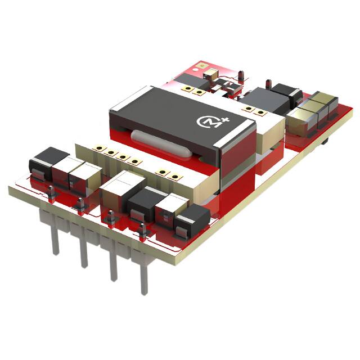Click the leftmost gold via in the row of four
tap(99, 149)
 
